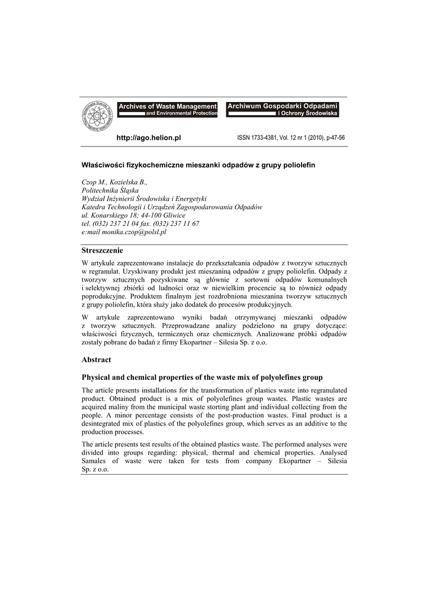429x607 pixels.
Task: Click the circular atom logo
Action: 97,116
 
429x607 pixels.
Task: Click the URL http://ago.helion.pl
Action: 148,138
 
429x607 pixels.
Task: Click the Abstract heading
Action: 96,359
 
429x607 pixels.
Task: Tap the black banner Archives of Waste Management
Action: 168,106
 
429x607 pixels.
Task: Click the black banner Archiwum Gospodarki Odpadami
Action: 282,106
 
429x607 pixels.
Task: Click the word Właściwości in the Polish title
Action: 103,164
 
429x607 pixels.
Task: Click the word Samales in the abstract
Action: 95,461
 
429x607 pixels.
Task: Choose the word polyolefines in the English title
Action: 267,377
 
